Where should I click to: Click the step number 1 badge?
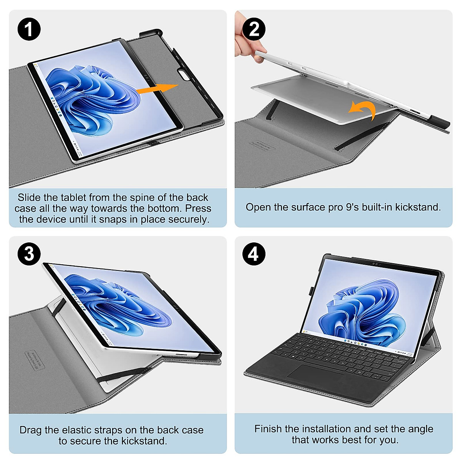29,29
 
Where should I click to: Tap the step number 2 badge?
254,29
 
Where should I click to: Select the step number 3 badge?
29,254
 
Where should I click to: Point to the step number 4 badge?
254,254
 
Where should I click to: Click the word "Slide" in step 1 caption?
29,197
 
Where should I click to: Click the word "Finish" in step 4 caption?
268,429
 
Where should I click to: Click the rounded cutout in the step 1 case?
186,74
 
